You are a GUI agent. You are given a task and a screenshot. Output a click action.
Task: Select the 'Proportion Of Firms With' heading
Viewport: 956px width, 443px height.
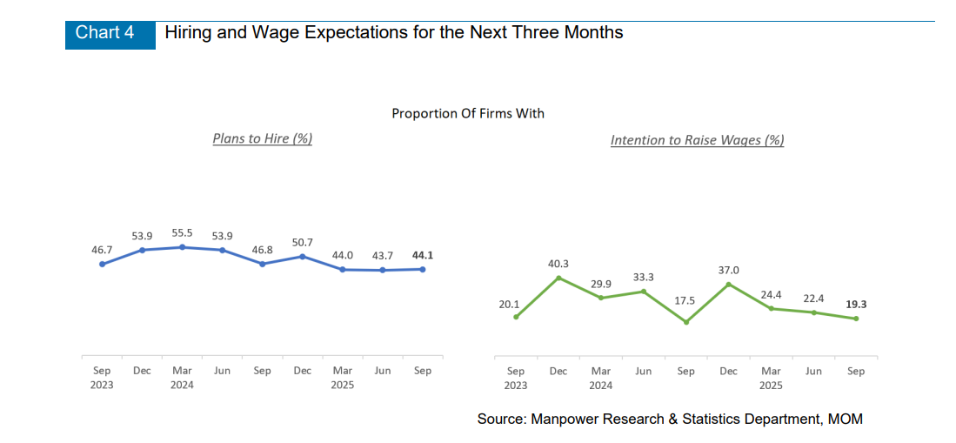point(468,113)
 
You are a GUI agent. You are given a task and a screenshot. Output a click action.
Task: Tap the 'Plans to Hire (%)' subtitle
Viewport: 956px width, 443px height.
point(263,138)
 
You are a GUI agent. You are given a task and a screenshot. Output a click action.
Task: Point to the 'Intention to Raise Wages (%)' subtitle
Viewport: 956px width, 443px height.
point(697,140)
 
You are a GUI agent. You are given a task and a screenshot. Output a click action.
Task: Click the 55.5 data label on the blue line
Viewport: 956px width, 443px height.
point(182,234)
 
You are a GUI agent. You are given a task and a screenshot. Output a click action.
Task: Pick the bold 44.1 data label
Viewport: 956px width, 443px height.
point(423,255)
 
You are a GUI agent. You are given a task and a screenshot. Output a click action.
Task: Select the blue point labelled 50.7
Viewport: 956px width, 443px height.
point(303,256)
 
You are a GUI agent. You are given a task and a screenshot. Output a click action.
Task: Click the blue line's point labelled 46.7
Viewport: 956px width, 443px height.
point(102,264)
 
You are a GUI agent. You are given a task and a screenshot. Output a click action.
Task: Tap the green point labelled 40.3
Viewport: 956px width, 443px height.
point(558,278)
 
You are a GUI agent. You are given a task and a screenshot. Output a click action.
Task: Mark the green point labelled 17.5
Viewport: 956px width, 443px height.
point(686,322)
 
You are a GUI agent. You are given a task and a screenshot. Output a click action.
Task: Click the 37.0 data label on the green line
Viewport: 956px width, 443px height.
point(728,270)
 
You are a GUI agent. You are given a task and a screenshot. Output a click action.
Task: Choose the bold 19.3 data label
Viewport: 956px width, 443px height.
point(856,305)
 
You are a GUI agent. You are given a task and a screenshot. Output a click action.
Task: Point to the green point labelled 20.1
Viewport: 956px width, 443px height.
point(516,317)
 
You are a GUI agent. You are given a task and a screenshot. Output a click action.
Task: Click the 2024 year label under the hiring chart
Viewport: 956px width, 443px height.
point(182,385)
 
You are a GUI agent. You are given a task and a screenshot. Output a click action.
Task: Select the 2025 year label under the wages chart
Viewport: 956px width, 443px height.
point(771,385)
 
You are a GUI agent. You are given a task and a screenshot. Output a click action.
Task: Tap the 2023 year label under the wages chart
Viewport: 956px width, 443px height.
point(516,385)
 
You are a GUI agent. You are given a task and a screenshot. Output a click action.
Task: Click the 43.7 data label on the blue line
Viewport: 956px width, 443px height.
point(383,255)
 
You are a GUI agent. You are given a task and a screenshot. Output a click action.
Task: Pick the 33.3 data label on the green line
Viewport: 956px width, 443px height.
point(644,277)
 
